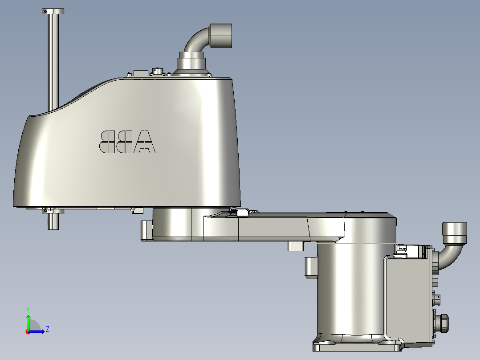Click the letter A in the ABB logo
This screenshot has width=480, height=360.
[x=144, y=142]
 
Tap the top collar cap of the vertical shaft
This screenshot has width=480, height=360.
[x=53, y=11]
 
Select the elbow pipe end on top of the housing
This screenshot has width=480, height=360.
[x=220, y=36]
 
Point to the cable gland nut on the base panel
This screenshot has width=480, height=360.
[x=443, y=323]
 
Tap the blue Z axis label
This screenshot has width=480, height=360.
[x=47, y=329]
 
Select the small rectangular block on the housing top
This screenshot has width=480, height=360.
[x=141, y=73]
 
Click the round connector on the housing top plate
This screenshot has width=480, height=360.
[x=158, y=71]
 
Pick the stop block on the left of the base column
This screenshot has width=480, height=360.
[x=311, y=267]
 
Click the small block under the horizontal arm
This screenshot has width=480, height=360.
[x=296, y=246]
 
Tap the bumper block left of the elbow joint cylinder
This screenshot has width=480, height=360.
[x=146, y=230]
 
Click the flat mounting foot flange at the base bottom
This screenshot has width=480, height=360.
[x=356, y=346]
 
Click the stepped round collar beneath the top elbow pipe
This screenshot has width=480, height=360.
[x=192, y=62]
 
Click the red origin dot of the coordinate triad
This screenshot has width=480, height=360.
[x=28, y=331]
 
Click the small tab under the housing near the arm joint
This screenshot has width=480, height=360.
[x=137, y=209]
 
